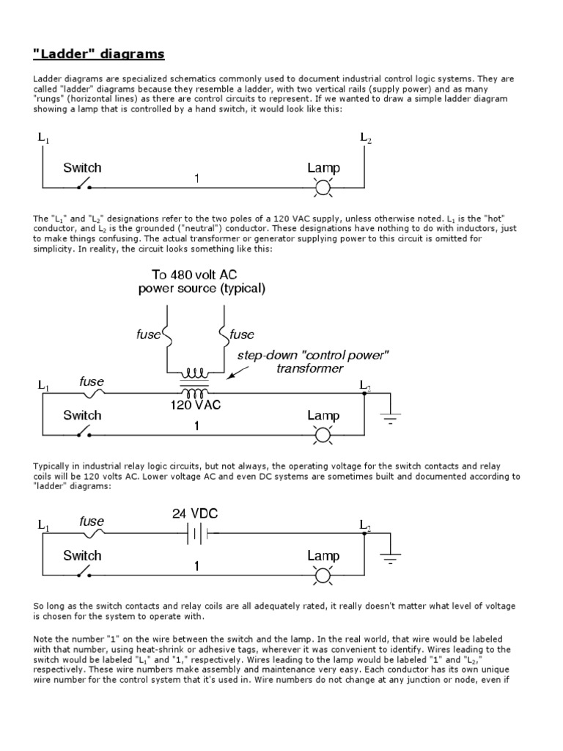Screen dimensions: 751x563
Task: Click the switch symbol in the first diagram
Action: click(x=83, y=185)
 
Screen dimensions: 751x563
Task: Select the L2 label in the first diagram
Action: click(x=365, y=137)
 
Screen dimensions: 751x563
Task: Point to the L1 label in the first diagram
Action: click(x=43, y=137)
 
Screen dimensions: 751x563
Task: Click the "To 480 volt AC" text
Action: click(x=202, y=275)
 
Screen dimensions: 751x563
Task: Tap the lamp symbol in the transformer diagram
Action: click(x=323, y=435)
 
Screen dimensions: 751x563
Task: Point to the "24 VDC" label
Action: click(x=195, y=514)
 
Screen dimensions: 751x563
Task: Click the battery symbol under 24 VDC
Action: click(x=196, y=535)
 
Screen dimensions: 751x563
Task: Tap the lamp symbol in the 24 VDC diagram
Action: click(x=323, y=575)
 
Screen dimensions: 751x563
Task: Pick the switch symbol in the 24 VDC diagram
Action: click(x=83, y=573)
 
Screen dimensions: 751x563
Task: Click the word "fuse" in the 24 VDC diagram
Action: click(x=92, y=522)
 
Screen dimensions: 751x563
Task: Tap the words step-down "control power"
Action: click(x=312, y=356)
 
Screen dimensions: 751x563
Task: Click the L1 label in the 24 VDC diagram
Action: click(x=43, y=526)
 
